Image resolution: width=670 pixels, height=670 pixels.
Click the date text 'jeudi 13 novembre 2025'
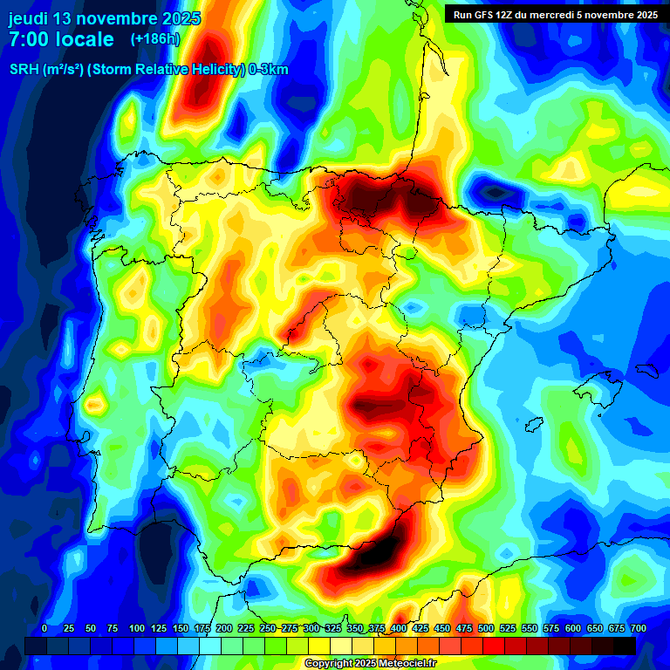coord(105,18)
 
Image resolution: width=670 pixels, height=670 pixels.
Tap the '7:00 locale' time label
coord(61,39)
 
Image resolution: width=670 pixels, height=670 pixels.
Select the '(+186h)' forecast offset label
coord(155,39)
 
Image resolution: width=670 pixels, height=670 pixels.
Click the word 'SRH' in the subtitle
coord(24,70)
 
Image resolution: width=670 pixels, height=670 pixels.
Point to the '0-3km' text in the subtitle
coord(269,70)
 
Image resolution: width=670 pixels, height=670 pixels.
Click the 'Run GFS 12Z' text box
coord(489,15)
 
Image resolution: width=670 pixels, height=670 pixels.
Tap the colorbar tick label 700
coord(638,629)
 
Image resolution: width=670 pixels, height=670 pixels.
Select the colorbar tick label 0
coord(44,629)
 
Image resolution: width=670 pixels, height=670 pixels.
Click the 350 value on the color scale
coord(355,629)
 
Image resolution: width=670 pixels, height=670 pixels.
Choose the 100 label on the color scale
coord(137,629)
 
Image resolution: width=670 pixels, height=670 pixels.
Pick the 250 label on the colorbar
coord(268,629)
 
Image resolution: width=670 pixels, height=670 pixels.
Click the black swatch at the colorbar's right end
coord(625,646)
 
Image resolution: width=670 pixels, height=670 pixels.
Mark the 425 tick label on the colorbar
coord(420,629)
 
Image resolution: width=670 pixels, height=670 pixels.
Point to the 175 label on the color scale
coord(202,629)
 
